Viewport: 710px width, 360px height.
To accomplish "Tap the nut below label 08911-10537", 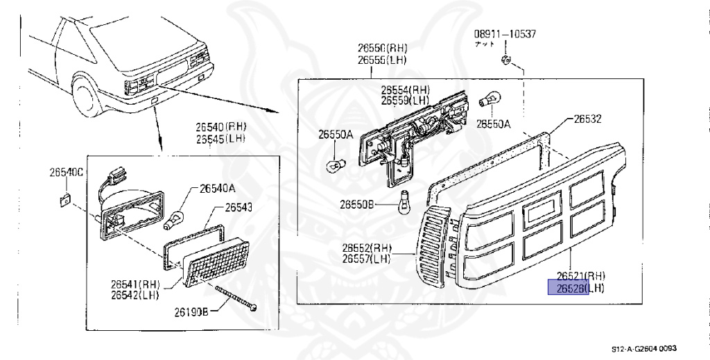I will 505,60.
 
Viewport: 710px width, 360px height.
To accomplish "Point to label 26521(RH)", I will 575,276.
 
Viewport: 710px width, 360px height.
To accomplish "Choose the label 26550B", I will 357,204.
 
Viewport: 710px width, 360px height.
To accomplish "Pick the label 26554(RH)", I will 406,90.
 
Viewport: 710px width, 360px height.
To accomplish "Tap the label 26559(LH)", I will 406,101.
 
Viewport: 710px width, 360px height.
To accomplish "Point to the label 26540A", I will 218,187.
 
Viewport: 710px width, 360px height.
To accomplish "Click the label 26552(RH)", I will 366,248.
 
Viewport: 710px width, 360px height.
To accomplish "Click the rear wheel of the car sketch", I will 89,96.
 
